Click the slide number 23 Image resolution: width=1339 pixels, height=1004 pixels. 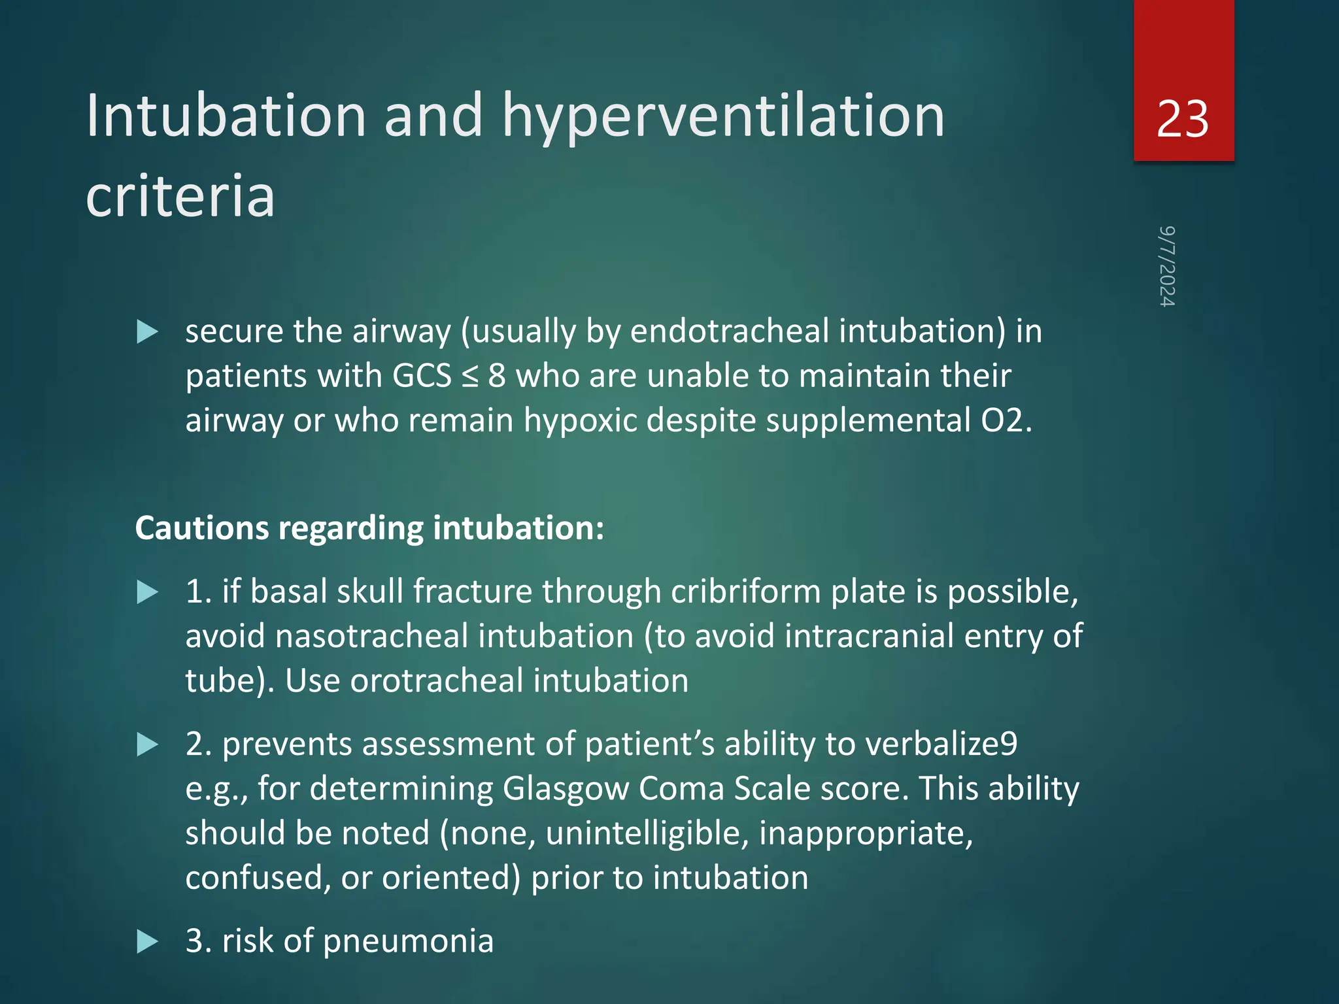tap(1182, 120)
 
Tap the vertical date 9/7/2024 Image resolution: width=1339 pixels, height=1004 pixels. tap(1167, 267)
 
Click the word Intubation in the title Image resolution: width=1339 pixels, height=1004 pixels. tap(226, 116)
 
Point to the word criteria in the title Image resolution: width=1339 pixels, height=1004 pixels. tap(180, 196)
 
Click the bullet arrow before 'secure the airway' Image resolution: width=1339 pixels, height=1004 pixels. tap(148, 332)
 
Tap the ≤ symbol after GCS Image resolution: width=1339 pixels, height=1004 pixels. tap(469, 376)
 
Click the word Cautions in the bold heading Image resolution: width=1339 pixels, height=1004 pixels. tap(201, 528)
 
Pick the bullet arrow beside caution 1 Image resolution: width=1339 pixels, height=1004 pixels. tap(148, 592)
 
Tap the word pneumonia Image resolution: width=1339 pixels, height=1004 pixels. tap(408, 941)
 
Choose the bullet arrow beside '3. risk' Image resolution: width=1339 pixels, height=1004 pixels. tap(148, 942)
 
